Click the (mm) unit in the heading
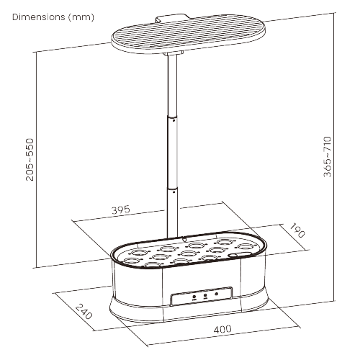point(81,16)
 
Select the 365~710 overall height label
point(328,156)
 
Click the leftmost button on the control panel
point(194,294)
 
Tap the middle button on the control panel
point(204,294)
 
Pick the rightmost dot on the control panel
point(217,294)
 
